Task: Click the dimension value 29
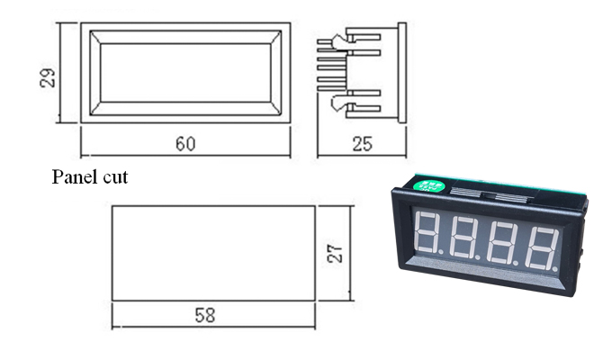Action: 47,76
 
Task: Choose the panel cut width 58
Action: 205,315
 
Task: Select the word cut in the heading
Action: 113,177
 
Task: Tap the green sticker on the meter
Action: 430,187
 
